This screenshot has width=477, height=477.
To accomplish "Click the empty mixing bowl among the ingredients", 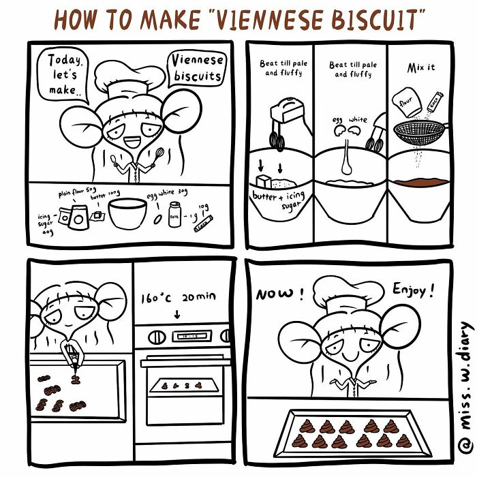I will tap(127, 213).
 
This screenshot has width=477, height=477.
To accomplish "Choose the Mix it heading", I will tap(420, 68).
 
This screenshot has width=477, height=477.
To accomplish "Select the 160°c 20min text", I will tap(177, 298).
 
